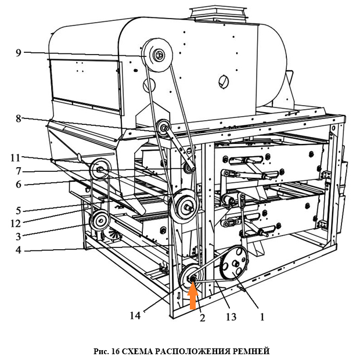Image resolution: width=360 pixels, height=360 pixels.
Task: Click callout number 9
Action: [19, 53]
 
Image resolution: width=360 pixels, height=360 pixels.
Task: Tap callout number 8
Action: [19, 118]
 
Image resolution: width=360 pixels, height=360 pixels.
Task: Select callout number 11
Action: [16, 157]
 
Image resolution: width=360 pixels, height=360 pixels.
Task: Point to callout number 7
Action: [19, 171]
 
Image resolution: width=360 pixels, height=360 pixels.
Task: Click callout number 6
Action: [19, 184]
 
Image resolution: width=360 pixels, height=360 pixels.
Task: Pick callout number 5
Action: [19, 210]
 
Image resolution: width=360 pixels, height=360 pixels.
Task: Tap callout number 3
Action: [19, 236]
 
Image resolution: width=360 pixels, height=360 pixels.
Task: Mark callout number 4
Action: [19, 250]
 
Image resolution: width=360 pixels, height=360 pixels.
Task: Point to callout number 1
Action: [261, 318]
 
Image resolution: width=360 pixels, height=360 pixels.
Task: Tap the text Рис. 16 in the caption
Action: [109, 351]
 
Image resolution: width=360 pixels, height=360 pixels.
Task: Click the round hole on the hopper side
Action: [222, 81]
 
